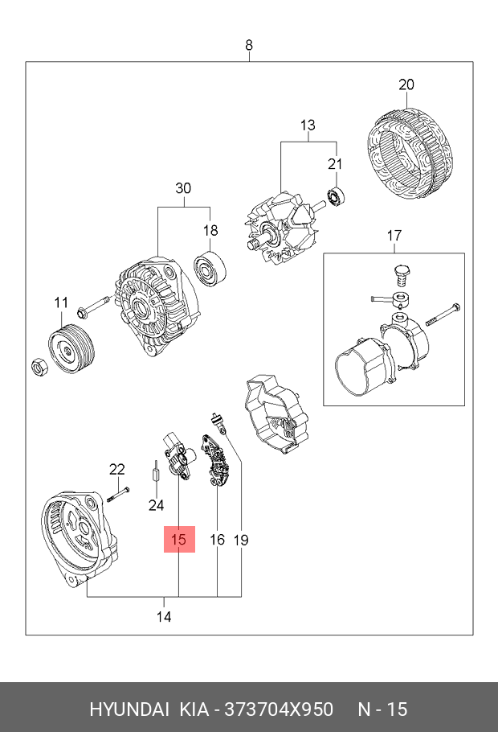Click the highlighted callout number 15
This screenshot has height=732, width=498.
tap(178, 540)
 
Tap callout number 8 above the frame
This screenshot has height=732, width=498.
tap(249, 45)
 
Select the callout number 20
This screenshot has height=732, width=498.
tap(406, 84)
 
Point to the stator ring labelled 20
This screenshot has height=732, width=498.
tap(410, 155)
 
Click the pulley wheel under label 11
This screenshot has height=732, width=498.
tap(71, 347)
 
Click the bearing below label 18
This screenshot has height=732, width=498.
tap(210, 269)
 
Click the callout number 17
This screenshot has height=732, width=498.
tap(394, 236)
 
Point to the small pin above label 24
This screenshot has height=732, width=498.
tap(156, 471)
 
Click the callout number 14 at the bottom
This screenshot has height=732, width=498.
tap(164, 617)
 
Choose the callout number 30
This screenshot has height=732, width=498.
tap(183, 188)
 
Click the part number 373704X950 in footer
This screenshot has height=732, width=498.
tap(279, 709)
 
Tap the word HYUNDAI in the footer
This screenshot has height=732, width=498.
tap(129, 709)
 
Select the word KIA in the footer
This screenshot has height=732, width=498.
tap(194, 709)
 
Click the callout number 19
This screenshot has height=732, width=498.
tap(241, 540)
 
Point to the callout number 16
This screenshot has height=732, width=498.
tap(218, 540)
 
